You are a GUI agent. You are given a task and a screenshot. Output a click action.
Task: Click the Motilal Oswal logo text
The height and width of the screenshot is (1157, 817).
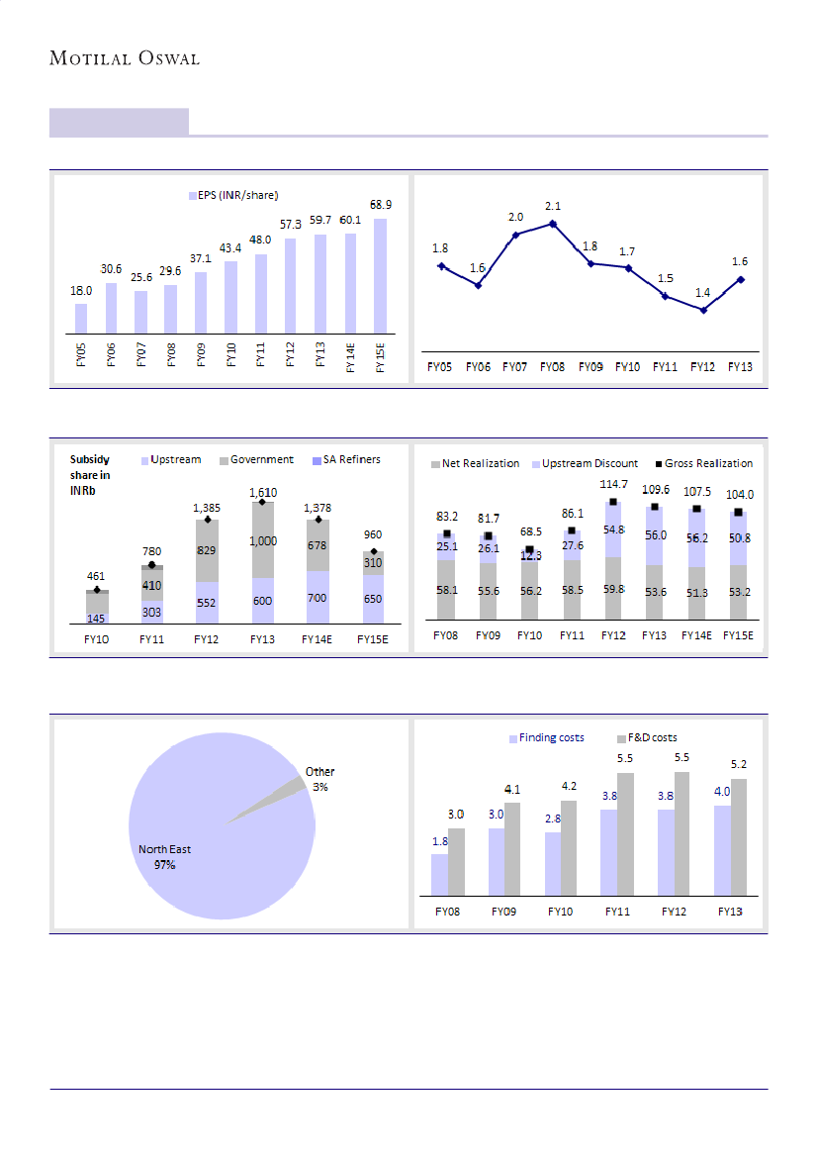click(125, 58)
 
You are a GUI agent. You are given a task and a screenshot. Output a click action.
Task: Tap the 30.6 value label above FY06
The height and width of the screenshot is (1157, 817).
click(111, 269)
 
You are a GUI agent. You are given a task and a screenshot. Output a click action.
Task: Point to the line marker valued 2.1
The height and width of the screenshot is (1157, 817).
click(553, 224)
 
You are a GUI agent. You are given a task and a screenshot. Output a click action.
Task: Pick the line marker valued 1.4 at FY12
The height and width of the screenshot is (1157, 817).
click(702, 310)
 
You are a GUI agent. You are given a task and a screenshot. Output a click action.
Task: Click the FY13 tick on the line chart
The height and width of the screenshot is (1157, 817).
click(739, 366)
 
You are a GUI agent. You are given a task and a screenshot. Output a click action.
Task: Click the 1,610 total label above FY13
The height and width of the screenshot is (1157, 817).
click(263, 492)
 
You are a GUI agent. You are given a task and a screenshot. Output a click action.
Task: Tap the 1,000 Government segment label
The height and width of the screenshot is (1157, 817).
click(263, 541)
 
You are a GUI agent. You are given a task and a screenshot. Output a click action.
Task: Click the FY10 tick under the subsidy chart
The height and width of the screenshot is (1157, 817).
click(96, 639)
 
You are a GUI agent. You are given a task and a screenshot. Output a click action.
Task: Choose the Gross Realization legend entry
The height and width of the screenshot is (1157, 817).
click(706, 463)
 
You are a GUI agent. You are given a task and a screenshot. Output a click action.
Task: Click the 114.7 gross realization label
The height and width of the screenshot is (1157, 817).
click(613, 484)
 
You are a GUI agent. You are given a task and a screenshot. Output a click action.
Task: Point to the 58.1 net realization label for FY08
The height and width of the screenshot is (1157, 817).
click(447, 590)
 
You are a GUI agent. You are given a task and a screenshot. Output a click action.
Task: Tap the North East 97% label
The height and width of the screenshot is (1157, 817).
click(164, 857)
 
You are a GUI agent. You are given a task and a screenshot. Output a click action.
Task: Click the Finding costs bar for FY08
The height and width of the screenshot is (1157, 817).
click(439, 873)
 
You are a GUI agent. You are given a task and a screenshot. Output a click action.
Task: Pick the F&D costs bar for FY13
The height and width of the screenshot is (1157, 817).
click(739, 835)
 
